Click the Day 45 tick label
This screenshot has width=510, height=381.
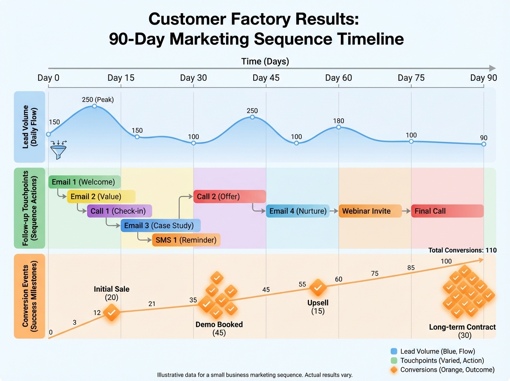point(266,78)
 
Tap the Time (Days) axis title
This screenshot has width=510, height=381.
point(265,61)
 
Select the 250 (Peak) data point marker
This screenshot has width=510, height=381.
point(95,106)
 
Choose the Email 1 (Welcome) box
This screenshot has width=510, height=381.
point(85,182)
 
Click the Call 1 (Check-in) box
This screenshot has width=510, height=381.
point(119,211)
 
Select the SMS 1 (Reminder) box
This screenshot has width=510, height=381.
point(186,240)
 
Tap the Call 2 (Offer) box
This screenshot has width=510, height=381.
point(229,196)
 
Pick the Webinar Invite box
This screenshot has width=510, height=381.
point(370,211)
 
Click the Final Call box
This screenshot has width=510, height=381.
point(447,211)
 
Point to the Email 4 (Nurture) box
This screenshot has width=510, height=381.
point(297,211)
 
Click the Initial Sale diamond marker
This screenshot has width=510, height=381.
point(112,313)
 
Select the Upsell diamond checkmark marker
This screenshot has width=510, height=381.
point(317,288)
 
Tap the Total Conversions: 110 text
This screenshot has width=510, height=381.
point(462,250)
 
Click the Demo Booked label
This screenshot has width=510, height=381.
point(219,324)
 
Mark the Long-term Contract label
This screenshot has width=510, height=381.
point(462,327)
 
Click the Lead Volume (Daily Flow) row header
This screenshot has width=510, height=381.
point(29,127)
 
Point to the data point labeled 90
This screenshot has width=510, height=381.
point(484,144)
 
